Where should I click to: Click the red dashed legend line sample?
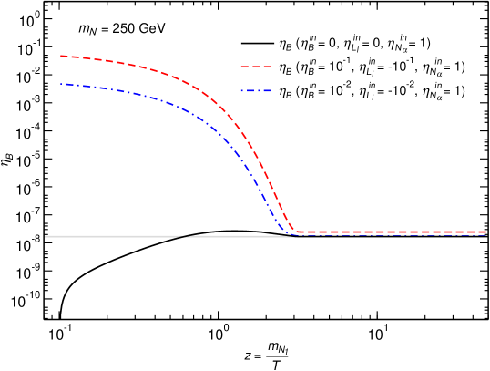pyautogui.click(x=256, y=67)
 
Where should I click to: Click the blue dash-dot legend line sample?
pyautogui.click(x=256, y=91)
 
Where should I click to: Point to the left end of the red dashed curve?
pyautogui.click(x=61, y=57)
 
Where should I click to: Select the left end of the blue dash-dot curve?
pyautogui.click(x=61, y=85)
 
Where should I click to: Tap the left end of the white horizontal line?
pyautogui.click(x=46, y=237)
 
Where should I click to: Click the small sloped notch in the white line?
pyautogui.click(x=187, y=236)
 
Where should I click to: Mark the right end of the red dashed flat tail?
pyautogui.click(x=486, y=232)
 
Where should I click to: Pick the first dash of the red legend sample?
pyautogui.click(x=243, y=67)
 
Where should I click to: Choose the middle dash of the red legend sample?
pyautogui.click(x=256, y=67)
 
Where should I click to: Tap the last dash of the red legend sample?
pyautogui.click(x=268, y=67)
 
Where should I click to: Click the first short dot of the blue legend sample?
pyautogui.click(x=241, y=91)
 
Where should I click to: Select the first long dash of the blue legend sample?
pyautogui.click(x=249, y=91)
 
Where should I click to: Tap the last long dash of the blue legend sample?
pyautogui.click(x=265, y=91)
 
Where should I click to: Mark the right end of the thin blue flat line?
pyautogui.click(x=486, y=236)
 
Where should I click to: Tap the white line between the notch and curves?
pyautogui.click(x=237, y=236)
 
